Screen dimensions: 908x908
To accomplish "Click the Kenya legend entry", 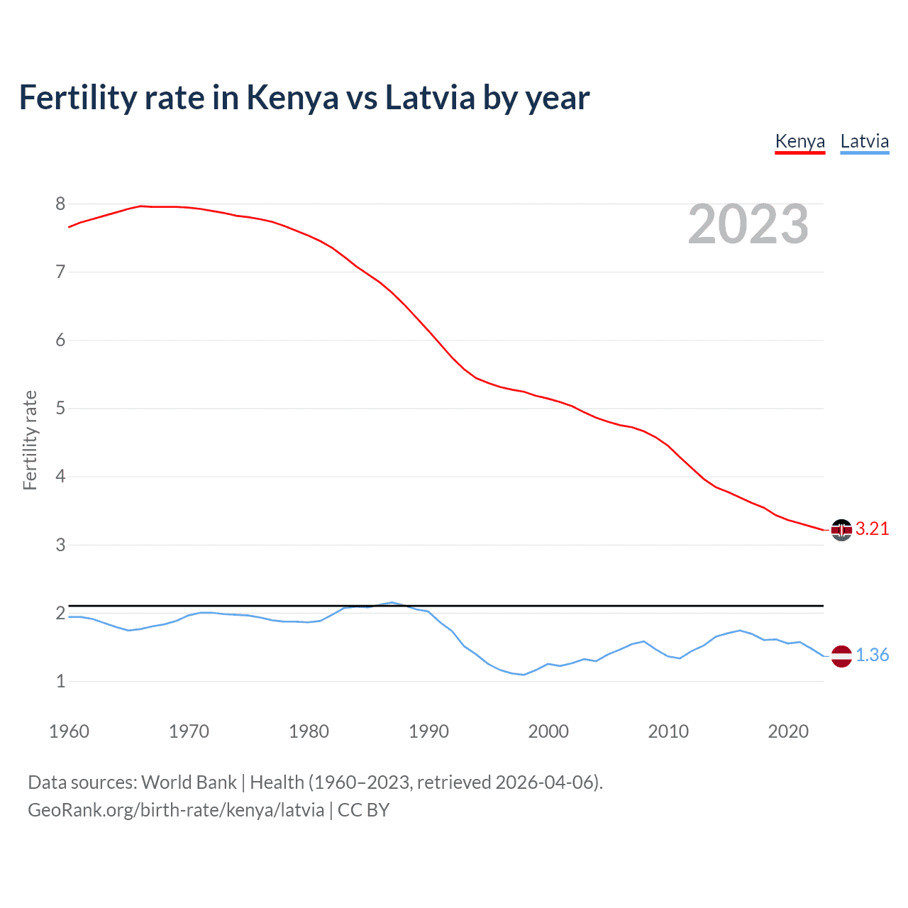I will tap(799, 141).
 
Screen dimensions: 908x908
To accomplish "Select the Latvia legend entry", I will tap(864, 141).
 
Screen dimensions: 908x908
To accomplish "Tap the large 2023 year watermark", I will tap(748, 225).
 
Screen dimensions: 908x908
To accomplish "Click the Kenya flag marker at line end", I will tap(841, 530).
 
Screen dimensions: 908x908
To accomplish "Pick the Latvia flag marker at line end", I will tap(841, 656).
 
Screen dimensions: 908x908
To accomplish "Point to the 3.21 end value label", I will tap(872, 529).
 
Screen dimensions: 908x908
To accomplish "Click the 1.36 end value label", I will tap(872, 655).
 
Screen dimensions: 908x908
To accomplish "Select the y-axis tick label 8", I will tap(60, 204).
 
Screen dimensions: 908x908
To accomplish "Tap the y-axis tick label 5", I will tap(60, 409).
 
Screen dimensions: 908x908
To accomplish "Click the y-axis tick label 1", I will tap(60, 682).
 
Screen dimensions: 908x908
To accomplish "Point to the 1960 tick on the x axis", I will tap(69, 731).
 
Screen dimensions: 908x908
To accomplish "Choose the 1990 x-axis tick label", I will tap(428, 731).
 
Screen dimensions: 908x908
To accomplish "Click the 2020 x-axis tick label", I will tap(788, 731).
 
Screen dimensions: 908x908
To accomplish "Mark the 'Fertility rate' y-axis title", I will tap(30, 440).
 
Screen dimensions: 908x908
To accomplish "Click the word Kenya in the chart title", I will tap(292, 98).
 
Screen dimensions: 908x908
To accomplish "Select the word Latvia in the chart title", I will tap(430, 98).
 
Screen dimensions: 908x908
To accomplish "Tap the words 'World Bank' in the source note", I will tap(189, 782).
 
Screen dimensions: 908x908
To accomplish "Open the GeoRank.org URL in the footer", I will tap(176, 810).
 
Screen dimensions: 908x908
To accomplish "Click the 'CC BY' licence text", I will tap(364, 810).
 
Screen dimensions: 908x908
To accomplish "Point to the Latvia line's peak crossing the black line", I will tap(392, 602).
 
